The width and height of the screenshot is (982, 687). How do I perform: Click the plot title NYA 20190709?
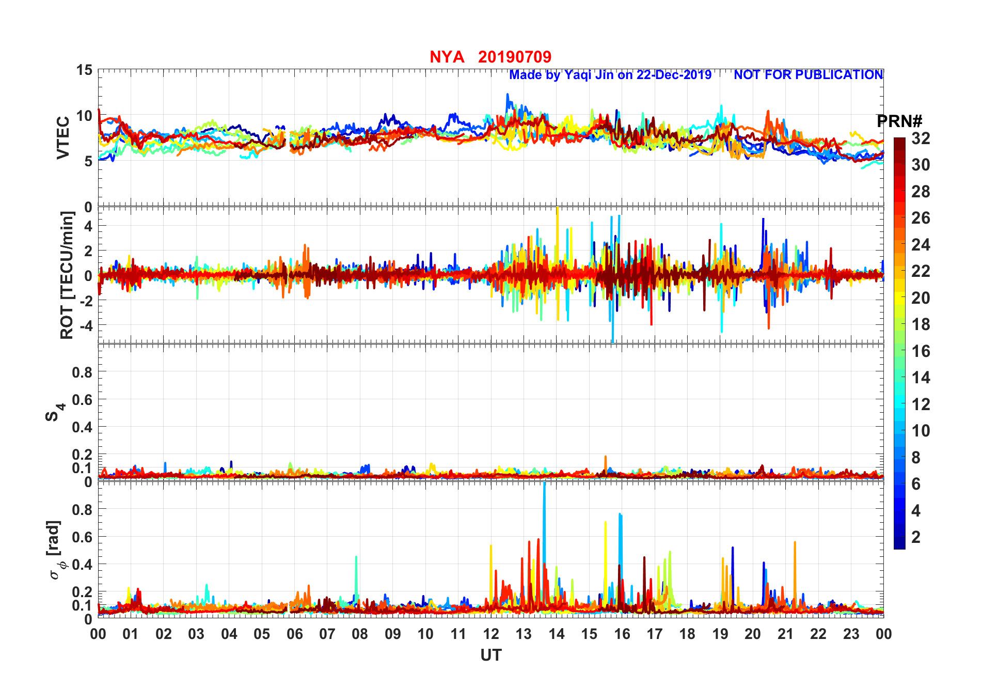(x=490, y=57)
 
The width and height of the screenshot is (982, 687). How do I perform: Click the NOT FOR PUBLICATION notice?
(x=808, y=75)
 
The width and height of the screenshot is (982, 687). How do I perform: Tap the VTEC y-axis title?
(x=63, y=138)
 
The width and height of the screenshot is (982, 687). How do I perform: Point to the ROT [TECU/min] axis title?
(x=67, y=275)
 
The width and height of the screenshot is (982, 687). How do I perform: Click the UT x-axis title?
(x=490, y=655)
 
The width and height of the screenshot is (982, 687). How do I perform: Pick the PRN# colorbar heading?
(x=899, y=121)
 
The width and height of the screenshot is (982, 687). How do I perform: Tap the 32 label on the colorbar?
(x=921, y=138)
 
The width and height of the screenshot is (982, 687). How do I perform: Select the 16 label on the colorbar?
(x=921, y=351)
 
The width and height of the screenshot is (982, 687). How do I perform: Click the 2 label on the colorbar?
(x=916, y=537)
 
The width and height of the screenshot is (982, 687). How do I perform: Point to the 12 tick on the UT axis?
(x=491, y=634)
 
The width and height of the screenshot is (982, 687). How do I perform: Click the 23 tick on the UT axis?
(x=851, y=634)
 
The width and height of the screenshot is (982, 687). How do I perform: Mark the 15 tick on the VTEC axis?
(x=85, y=70)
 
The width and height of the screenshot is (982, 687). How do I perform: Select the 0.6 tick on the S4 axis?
(x=82, y=399)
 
